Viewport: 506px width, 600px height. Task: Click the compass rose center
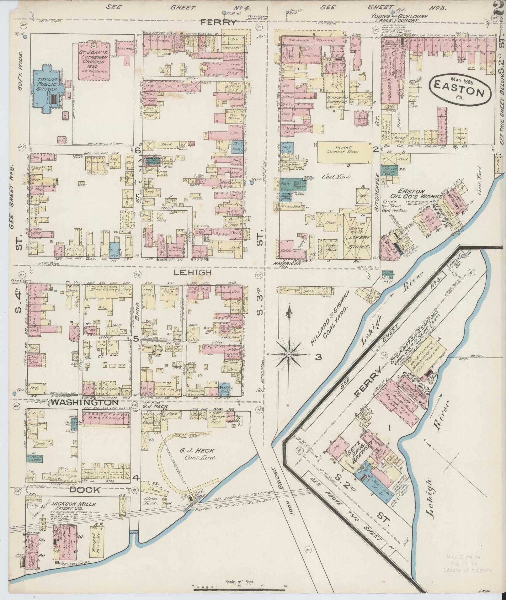(288, 354)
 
